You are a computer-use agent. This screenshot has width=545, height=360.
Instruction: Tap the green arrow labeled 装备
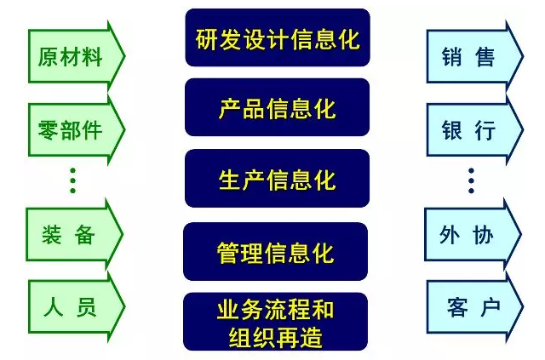pyautogui.click(x=75, y=235)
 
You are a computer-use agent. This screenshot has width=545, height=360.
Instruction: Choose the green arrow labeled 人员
pyautogui.click(x=77, y=307)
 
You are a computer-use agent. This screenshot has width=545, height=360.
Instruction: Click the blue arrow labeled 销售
pyautogui.click(x=475, y=56)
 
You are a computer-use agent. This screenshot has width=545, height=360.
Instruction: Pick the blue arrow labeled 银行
pyautogui.click(x=475, y=129)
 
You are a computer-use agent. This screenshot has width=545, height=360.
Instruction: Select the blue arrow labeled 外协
pyautogui.click(x=473, y=235)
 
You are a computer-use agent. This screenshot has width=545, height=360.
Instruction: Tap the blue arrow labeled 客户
pyautogui.click(x=475, y=307)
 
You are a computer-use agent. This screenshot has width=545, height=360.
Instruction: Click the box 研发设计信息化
pyautogui.click(x=278, y=37)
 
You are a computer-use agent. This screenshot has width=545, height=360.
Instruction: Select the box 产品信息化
pyautogui.click(x=277, y=107)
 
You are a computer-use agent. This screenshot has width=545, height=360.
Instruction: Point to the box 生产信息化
pyautogui.click(x=277, y=178)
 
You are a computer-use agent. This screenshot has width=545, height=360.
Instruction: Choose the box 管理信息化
pyautogui.click(x=275, y=252)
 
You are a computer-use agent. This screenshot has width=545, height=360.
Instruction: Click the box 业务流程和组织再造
pyautogui.click(x=275, y=322)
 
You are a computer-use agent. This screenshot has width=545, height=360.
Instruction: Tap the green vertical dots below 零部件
pyautogui.click(x=72, y=180)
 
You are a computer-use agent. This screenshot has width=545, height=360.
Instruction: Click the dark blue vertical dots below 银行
pyautogui.click(x=471, y=180)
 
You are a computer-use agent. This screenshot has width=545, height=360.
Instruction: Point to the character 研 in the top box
pyautogui.click(x=207, y=39)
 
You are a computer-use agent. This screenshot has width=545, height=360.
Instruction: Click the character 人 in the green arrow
pyautogui.click(x=53, y=306)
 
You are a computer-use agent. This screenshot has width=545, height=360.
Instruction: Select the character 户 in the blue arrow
pyautogui.click(x=490, y=307)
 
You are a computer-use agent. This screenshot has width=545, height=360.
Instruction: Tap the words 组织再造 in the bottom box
pyautogui.click(x=275, y=337)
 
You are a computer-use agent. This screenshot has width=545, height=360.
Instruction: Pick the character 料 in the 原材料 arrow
pyautogui.click(x=91, y=57)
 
